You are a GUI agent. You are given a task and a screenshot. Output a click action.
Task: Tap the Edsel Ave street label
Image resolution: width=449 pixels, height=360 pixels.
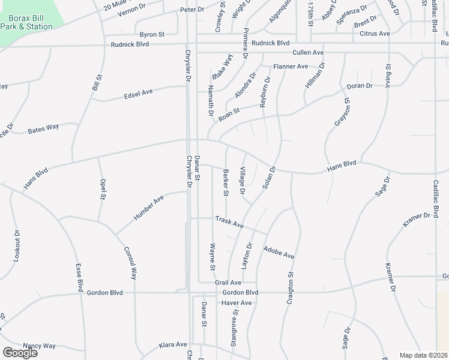click(x=139, y=94)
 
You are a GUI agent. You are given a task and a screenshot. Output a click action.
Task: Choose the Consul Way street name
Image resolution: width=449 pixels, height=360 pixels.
click(x=130, y=263)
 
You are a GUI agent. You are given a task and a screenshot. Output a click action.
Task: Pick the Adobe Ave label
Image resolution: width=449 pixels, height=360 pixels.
click(x=279, y=251)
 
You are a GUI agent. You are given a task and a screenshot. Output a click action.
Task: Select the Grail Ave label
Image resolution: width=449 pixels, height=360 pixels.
click(x=228, y=282)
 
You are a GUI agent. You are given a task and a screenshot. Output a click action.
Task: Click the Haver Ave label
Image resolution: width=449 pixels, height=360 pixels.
click(x=237, y=303)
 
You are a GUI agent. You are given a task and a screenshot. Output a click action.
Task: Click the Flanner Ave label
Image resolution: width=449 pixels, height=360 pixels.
click(x=291, y=66)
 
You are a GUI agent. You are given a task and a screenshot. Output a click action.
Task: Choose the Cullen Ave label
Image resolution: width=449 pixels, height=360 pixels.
click(x=308, y=53)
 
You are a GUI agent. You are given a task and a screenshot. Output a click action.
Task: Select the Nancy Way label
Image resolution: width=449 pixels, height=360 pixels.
click(x=39, y=346)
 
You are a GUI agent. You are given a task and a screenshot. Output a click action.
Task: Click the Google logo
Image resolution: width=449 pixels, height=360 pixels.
click(x=20, y=353)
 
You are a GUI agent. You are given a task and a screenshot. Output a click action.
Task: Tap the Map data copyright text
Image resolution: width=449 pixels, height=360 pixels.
click(x=423, y=355)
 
